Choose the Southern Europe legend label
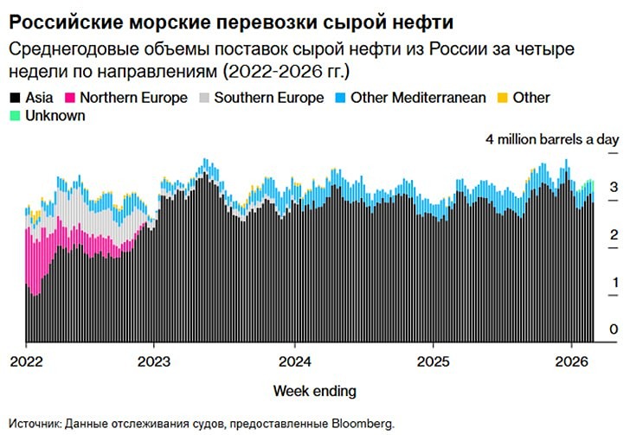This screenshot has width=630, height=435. pos(269,98)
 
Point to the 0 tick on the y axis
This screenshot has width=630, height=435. pos(613,329)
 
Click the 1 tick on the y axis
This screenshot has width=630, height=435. pos(613,283)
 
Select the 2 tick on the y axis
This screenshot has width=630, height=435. pos(613,234)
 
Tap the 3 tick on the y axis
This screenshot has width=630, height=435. pos(613,187)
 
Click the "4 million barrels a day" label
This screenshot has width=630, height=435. pos(552,139)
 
